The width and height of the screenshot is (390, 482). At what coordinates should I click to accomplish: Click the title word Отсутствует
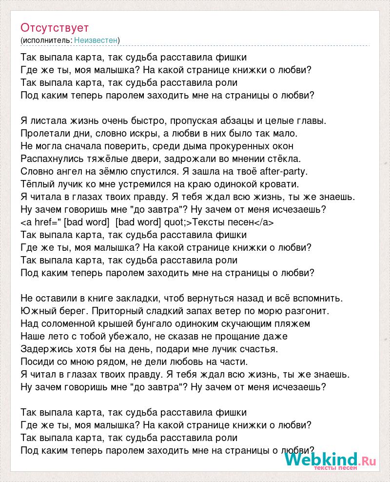click(x=55, y=27)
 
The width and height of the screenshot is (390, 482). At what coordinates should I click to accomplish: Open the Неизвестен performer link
click(x=96, y=40)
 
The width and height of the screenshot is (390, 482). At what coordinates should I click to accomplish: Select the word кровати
click(x=293, y=184)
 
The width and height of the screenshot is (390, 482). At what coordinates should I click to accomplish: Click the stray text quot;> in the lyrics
click(x=177, y=222)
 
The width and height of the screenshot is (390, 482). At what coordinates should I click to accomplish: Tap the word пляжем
click(x=294, y=323)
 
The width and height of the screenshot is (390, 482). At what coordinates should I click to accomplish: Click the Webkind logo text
click(x=322, y=460)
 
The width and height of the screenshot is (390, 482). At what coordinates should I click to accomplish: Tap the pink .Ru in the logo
click(x=369, y=460)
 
